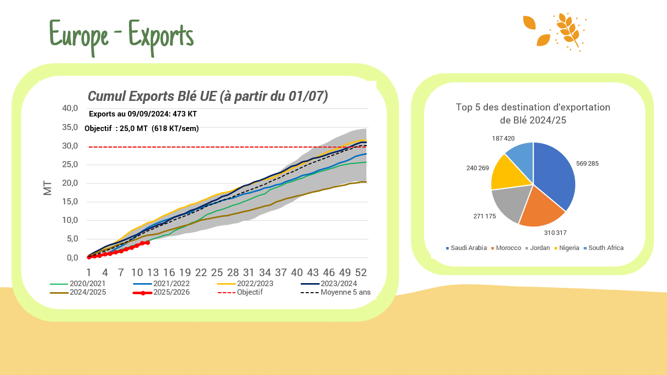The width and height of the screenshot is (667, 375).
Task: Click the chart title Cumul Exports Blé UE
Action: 208,96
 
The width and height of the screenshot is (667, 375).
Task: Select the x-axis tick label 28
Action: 233,273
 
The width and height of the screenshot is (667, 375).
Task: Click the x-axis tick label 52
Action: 361,273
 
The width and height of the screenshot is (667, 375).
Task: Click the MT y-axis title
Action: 48,188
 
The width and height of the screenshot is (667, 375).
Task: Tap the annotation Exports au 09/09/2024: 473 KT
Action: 143,114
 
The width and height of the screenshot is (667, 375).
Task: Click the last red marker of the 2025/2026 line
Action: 148,242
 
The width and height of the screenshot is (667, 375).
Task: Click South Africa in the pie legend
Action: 606,248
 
